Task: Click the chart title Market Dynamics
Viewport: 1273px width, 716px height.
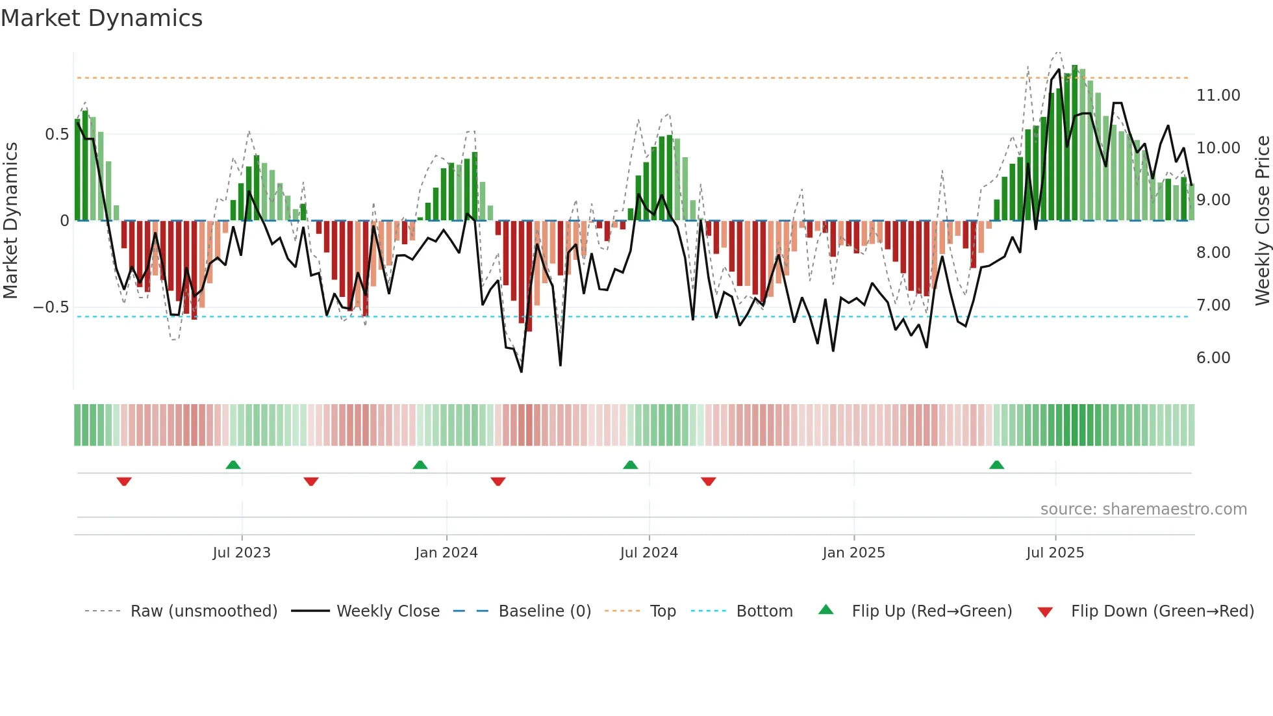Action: (101, 18)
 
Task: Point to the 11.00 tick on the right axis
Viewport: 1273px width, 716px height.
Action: (1218, 96)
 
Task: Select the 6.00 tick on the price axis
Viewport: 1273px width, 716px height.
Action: (1213, 358)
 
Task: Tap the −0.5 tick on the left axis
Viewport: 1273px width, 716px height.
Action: (51, 307)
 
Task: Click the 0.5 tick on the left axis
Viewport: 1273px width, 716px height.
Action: (57, 134)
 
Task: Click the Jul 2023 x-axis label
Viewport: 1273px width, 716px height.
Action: (241, 553)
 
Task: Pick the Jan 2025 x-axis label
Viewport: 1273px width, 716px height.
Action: (853, 553)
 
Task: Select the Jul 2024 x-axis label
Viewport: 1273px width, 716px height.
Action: (648, 553)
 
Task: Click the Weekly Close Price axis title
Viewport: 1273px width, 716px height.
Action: (1262, 220)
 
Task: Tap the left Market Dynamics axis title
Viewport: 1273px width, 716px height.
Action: (10, 220)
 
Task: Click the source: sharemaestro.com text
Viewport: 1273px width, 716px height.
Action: (1143, 509)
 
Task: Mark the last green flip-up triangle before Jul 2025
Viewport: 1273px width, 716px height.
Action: (996, 465)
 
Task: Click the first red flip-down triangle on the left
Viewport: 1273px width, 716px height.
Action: (124, 481)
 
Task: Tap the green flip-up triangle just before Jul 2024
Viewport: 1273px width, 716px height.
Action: (630, 465)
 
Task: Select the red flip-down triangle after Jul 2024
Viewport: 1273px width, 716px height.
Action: (708, 481)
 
